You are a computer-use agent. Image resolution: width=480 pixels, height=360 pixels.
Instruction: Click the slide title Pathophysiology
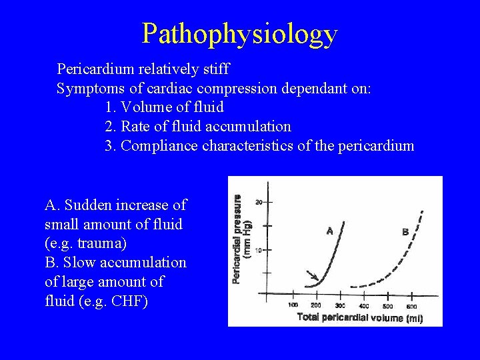pyautogui.click(x=240, y=33)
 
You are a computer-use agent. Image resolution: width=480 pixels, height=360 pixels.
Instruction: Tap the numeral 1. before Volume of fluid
pyautogui.click(x=111, y=107)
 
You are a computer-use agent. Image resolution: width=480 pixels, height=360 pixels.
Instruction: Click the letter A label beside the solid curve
pyautogui.click(x=329, y=231)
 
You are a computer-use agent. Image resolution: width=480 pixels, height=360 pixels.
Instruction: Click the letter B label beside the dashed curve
pyautogui.click(x=405, y=231)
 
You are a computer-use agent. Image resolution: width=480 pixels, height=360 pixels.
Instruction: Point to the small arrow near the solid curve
pyautogui.click(x=311, y=275)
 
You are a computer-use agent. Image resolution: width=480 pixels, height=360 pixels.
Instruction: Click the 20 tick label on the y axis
pyautogui.click(x=259, y=201)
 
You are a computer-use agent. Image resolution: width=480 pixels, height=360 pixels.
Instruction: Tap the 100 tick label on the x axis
pyautogui.click(x=292, y=305)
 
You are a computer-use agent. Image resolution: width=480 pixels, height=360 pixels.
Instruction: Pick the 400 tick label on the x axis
pyautogui.click(x=364, y=305)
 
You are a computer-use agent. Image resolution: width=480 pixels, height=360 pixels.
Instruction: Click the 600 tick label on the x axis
pyautogui.click(x=411, y=305)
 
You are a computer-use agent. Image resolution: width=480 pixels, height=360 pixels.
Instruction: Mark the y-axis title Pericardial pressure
pyautogui.click(x=237, y=238)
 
